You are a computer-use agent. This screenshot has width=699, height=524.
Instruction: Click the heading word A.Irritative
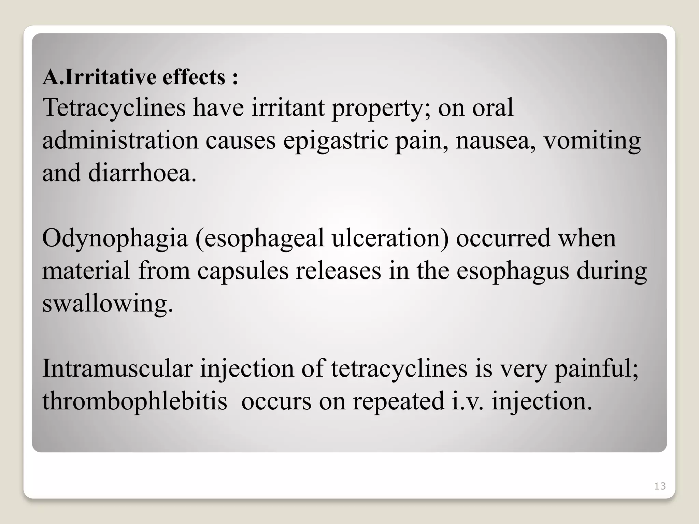coord(99,77)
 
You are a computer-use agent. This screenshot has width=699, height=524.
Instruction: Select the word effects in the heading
coord(194,77)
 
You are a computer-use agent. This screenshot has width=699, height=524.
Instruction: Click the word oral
coord(493,108)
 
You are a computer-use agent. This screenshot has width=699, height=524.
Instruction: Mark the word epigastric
coord(336,141)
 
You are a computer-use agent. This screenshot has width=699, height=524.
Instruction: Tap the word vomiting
coord(593,141)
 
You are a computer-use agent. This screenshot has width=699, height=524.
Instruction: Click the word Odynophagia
coord(115,238)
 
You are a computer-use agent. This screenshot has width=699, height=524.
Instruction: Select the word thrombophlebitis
coord(134,401)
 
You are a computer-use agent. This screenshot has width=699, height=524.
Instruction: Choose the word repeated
coord(398,401)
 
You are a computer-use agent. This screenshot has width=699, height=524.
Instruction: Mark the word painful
coord(596,369)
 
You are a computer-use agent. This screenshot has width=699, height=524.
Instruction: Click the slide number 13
coord(660,486)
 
